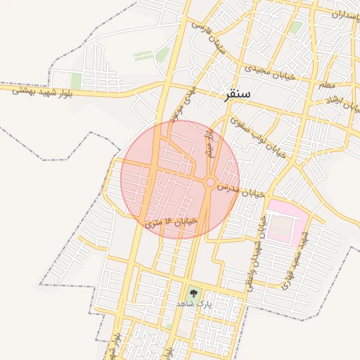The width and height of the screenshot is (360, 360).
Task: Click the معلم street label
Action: (x=328, y=84)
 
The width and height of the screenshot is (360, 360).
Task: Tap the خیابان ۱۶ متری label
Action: (x=172, y=222)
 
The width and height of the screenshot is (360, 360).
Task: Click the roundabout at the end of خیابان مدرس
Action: (x=210, y=183)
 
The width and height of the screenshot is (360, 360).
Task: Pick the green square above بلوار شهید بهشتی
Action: (x=76, y=80)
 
